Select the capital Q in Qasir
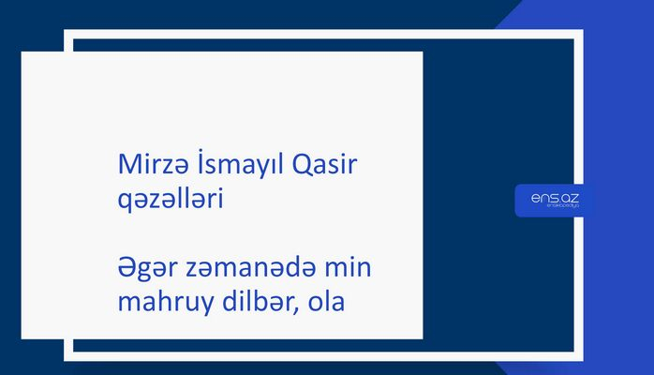[305, 165]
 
